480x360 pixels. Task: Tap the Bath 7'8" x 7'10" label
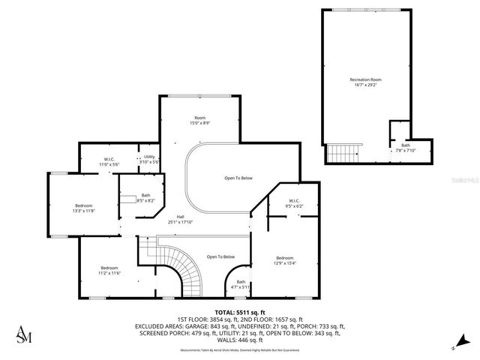[405, 148]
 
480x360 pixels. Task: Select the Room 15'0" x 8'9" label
[200, 120]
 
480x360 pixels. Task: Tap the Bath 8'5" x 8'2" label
[145, 198]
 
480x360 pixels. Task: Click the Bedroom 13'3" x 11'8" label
[83, 208]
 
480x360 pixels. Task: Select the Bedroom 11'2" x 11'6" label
[109, 270]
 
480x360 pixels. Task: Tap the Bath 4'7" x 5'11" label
[241, 284]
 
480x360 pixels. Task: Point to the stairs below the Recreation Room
[344, 154]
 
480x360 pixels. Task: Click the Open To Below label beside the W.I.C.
[238, 178]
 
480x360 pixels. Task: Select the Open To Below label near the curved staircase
[220, 256]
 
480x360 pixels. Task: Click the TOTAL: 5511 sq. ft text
[240, 311]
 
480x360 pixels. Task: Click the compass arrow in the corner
[453, 347]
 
